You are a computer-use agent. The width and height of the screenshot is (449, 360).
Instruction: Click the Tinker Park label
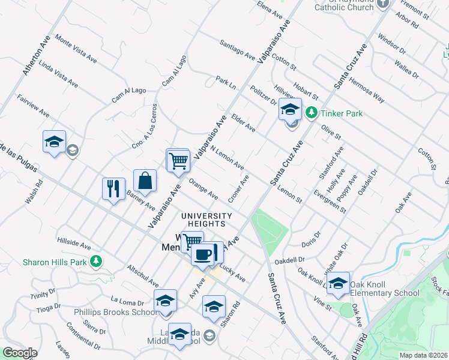[342, 113]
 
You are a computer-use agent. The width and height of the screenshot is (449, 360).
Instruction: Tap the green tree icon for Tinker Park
[312, 112]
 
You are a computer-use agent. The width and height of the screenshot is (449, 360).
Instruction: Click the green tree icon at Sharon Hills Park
[95, 261]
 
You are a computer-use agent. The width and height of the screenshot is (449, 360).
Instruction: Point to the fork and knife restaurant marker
[113, 188]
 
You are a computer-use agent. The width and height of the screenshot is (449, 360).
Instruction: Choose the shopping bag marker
[145, 180]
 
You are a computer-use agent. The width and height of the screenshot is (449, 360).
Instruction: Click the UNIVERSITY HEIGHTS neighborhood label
[206, 220]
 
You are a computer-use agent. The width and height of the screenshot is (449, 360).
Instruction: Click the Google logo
[20, 353]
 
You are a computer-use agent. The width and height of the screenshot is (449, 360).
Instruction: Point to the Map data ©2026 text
[423, 355]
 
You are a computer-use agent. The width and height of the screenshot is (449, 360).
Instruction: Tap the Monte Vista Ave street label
[76, 49]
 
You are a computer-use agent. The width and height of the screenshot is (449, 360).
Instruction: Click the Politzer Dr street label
[262, 95]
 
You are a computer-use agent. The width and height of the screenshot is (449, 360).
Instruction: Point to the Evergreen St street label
[330, 202]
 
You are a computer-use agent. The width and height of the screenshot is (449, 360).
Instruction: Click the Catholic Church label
[345, 7]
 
